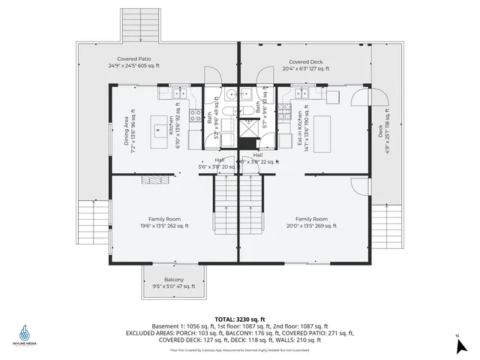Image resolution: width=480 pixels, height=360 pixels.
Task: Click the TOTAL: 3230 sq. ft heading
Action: coord(239,319)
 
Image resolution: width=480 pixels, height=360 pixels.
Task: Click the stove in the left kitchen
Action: coord(195,116)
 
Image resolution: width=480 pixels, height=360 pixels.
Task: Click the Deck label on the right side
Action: coord(382,129)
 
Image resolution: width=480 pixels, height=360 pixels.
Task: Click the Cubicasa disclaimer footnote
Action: coord(239,349)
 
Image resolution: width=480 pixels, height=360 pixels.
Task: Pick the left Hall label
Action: coord(218,163)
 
